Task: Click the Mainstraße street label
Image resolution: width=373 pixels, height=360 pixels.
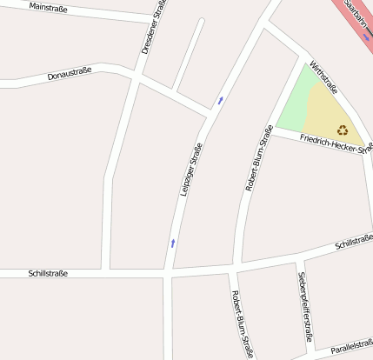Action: coord(49,7)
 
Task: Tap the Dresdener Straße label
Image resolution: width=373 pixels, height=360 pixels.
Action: coord(153,27)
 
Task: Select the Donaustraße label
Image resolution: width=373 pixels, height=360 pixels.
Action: coord(70,76)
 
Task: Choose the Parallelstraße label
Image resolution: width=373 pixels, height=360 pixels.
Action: coord(351,347)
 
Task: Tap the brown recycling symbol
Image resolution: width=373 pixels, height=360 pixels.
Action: coord(343,130)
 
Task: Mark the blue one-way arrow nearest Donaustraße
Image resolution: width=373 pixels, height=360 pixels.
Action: coord(220,100)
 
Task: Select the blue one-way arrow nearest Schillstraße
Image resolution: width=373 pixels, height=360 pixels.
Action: coord(173,243)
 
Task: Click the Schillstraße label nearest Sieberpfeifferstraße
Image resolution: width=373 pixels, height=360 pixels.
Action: coord(353,243)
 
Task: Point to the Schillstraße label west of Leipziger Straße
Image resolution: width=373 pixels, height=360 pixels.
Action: coord(47,273)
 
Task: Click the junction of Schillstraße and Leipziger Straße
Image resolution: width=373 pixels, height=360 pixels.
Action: coord(168,275)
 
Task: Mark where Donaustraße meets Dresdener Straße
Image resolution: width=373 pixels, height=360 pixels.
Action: coord(137,77)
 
